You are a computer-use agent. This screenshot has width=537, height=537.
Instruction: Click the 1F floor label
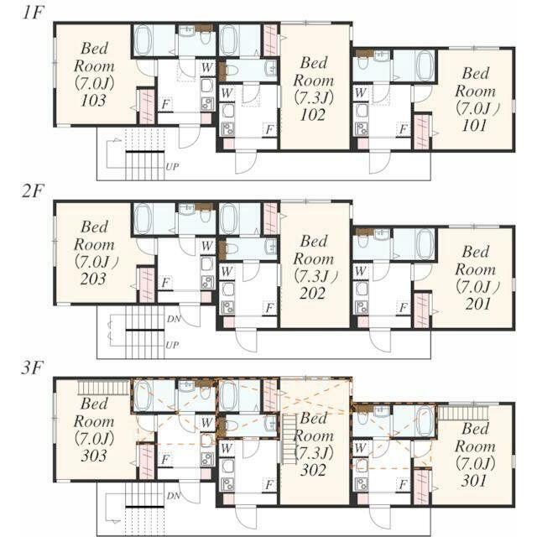tap(34, 13)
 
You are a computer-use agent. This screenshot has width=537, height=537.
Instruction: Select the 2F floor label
tap(34, 190)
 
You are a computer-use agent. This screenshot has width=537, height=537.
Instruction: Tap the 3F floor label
tap(33, 368)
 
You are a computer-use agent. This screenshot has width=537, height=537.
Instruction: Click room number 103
tap(93, 100)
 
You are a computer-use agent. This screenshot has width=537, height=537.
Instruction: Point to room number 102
tap(313, 115)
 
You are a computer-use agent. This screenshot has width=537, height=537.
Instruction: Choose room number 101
tap(474, 126)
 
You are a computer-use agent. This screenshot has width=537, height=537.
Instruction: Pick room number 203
tap(93, 279)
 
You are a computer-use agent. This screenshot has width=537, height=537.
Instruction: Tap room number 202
tap(312, 293)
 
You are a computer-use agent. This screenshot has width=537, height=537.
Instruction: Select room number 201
tap(477, 304)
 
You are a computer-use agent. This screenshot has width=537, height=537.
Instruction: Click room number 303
tap(93, 456)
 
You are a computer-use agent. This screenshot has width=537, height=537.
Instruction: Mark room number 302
tap(313, 470)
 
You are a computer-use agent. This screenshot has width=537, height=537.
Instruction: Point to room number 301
tap(473, 481)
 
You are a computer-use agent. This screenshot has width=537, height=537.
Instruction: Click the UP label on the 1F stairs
tap(172, 167)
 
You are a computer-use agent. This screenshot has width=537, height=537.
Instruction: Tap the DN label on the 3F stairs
tap(174, 496)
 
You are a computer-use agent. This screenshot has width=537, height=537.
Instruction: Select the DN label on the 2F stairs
tap(174, 319)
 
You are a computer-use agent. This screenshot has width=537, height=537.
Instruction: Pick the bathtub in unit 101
tap(425, 65)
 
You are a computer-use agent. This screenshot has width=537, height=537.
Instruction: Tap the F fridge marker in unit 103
tap(166, 104)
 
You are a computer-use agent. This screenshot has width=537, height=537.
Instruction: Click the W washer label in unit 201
tap(360, 271)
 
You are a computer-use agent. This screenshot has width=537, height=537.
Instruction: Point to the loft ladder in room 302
tap(289, 439)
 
